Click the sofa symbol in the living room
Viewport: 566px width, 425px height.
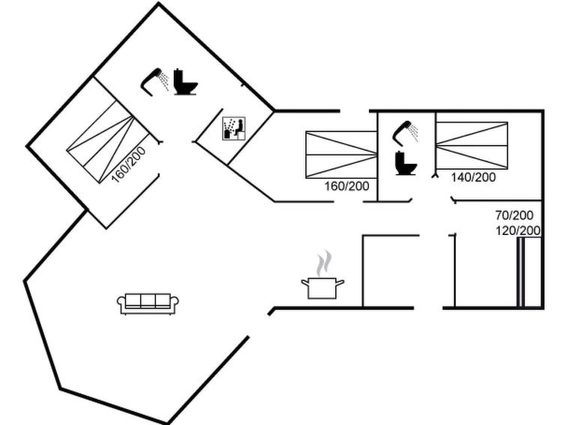click(148, 303)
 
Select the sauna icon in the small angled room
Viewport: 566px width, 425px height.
click(234, 128)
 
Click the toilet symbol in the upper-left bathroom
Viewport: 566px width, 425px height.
click(185, 82)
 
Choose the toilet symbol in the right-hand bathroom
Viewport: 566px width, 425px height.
click(406, 163)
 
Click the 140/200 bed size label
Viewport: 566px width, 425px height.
click(473, 177)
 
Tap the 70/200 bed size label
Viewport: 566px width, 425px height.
click(514, 216)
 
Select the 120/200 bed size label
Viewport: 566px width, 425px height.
click(518, 231)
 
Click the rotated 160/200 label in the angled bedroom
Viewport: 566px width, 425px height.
click(129, 164)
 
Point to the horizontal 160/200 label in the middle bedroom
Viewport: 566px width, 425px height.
click(347, 186)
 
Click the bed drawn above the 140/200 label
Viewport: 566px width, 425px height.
click(472, 146)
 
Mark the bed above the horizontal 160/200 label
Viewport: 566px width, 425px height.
click(342, 155)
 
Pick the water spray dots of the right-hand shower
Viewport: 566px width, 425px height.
click(415, 133)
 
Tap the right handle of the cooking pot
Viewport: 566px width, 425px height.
click(340, 282)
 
